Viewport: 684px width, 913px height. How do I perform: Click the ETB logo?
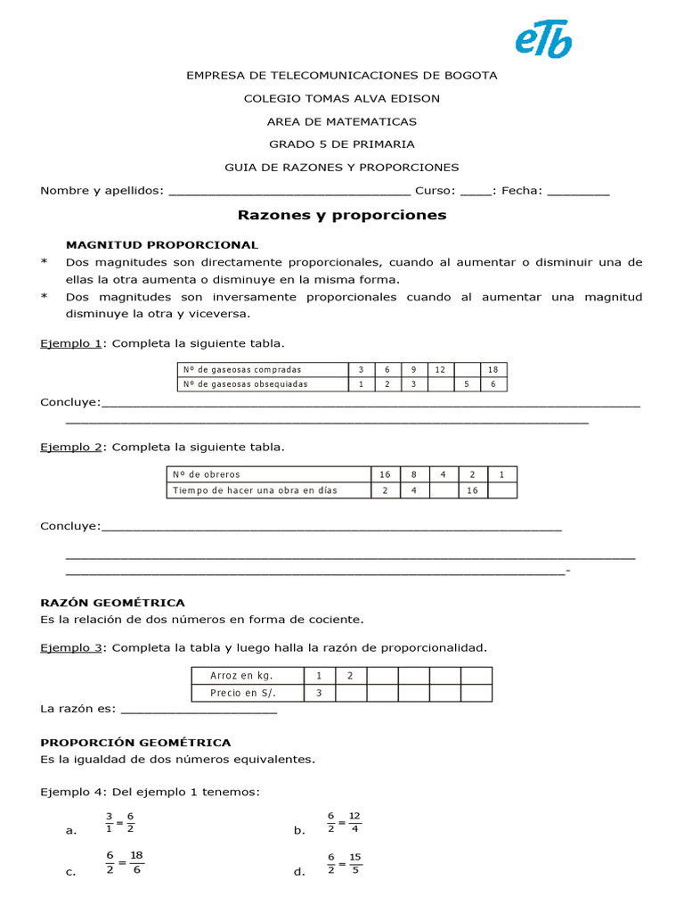(x=543, y=40)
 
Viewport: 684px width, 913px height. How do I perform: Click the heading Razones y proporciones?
(x=342, y=216)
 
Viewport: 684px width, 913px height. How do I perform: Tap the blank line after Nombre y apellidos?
(x=289, y=191)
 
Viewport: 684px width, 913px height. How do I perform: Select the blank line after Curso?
(x=476, y=191)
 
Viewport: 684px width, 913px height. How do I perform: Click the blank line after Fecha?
(x=578, y=191)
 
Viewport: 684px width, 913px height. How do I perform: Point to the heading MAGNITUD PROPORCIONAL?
(x=162, y=244)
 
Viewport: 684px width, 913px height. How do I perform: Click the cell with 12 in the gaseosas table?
(x=440, y=369)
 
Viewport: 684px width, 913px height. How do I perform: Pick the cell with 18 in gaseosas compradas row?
(x=493, y=369)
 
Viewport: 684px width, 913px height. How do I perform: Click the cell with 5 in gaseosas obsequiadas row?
(x=467, y=384)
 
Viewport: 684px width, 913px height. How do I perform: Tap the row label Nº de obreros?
(x=268, y=474)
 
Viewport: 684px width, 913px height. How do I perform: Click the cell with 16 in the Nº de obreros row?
(x=385, y=474)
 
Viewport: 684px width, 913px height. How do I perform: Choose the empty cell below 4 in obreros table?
(x=444, y=490)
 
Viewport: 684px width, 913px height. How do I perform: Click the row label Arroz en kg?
(x=248, y=676)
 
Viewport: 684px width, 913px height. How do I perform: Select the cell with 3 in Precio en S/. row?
(x=319, y=693)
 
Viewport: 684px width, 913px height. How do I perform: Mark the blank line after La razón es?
(x=198, y=710)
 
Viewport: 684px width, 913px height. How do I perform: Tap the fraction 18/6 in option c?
(x=136, y=863)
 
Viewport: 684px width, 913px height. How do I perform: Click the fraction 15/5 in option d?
(x=355, y=863)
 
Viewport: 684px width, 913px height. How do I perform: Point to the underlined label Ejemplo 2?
(x=71, y=447)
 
